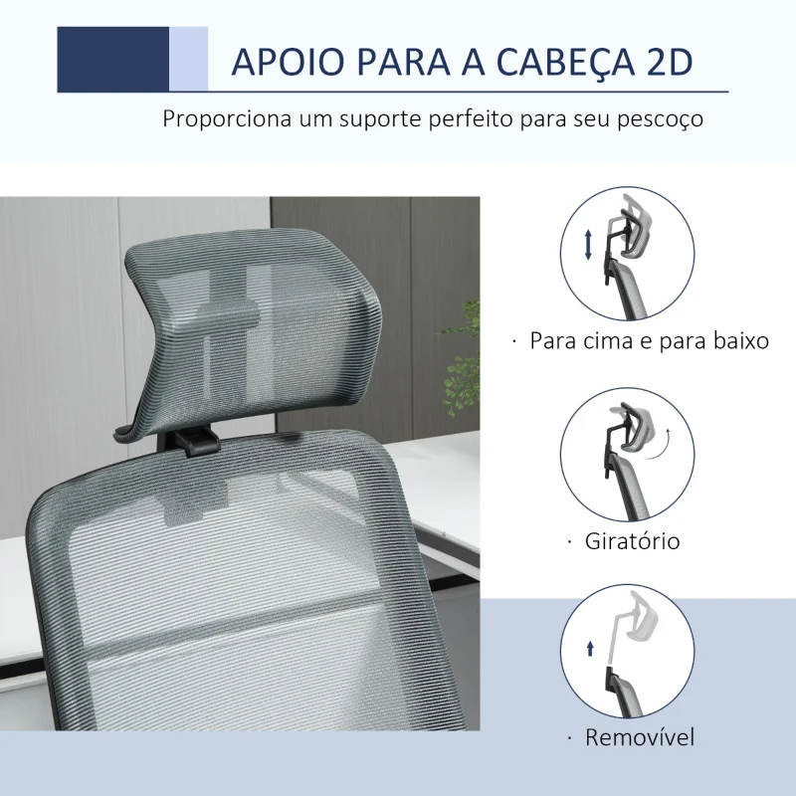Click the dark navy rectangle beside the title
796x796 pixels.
(x=112, y=60)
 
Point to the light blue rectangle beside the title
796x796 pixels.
(x=188, y=60)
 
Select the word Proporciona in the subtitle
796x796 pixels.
(x=228, y=119)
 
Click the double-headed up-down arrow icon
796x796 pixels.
(x=588, y=245)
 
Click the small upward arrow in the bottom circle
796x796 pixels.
(x=590, y=649)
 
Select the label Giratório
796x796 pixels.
(x=632, y=541)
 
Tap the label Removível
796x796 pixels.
(x=640, y=737)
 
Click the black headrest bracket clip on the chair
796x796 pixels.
(x=200, y=440)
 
